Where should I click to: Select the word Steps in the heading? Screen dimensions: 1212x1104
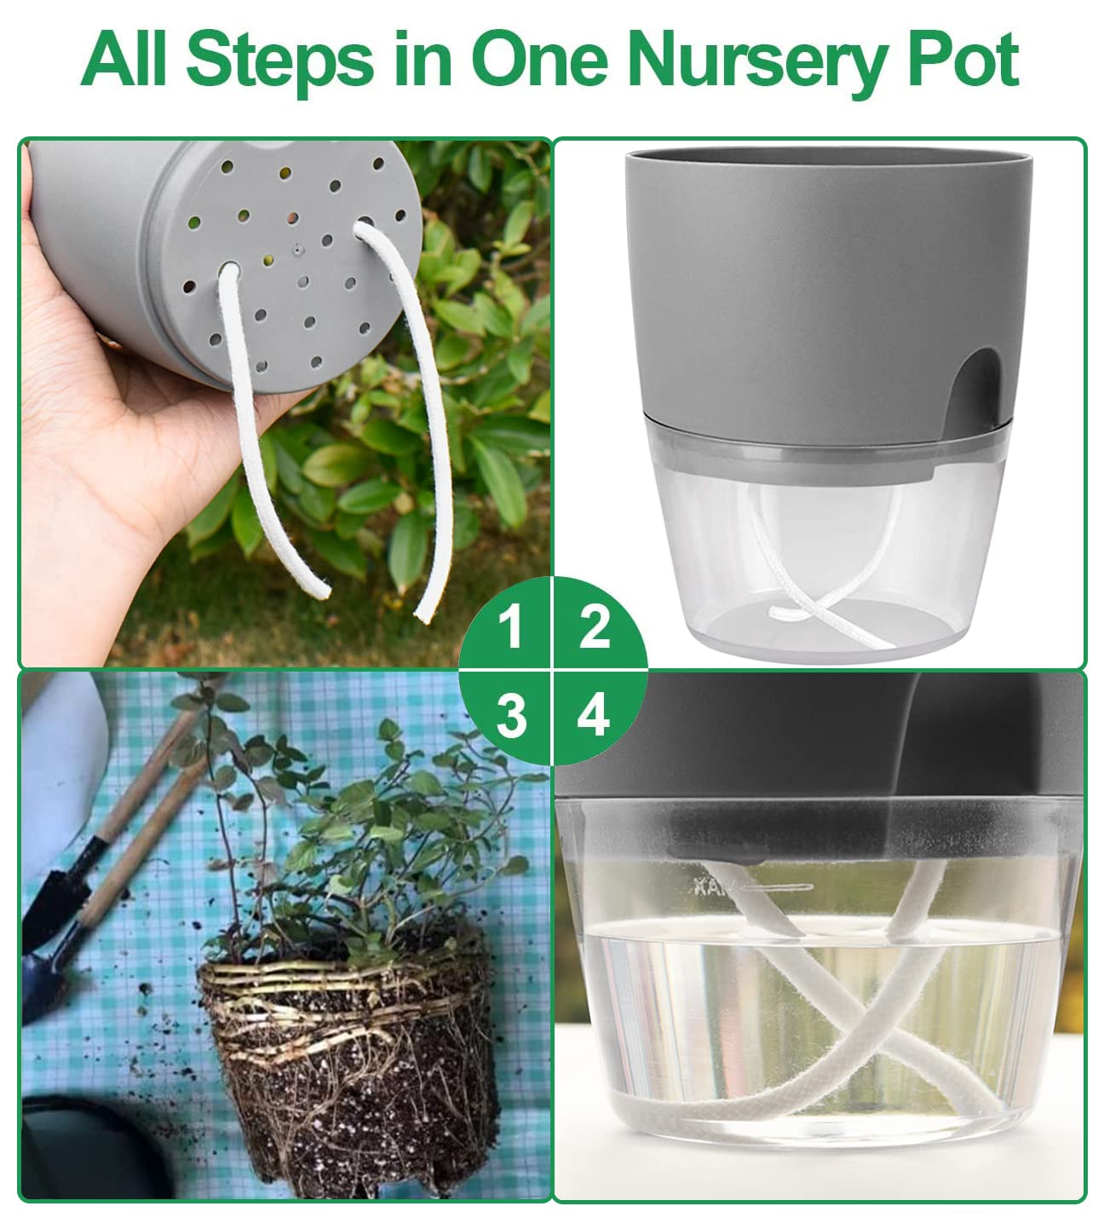pyautogui.click(x=279, y=60)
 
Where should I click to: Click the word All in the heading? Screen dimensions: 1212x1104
pyautogui.click(x=128, y=60)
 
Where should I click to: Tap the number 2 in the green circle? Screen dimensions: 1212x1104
pyautogui.click(x=595, y=629)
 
